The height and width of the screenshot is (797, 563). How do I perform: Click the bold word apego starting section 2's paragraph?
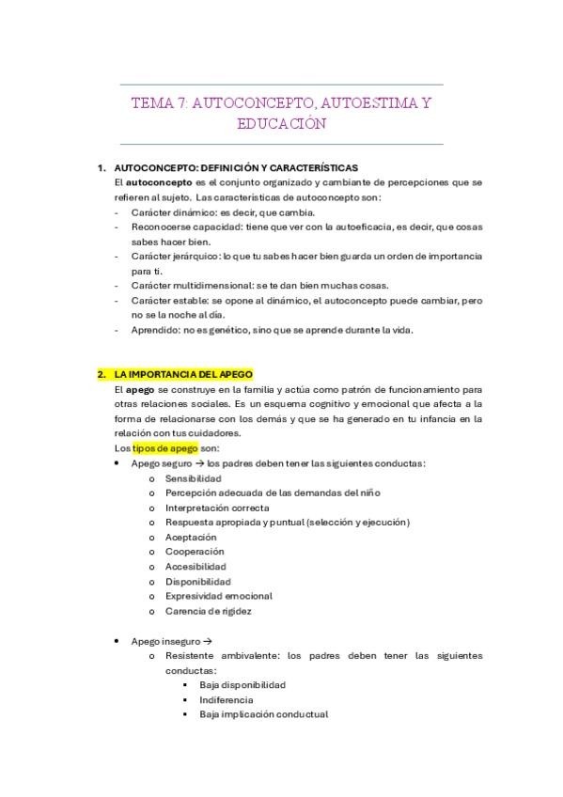tap(140, 389)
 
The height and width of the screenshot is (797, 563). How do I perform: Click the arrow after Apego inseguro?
tap(207, 641)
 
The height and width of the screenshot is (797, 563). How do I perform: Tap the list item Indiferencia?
tap(227, 700)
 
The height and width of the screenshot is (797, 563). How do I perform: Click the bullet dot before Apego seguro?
tap(116, 463)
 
